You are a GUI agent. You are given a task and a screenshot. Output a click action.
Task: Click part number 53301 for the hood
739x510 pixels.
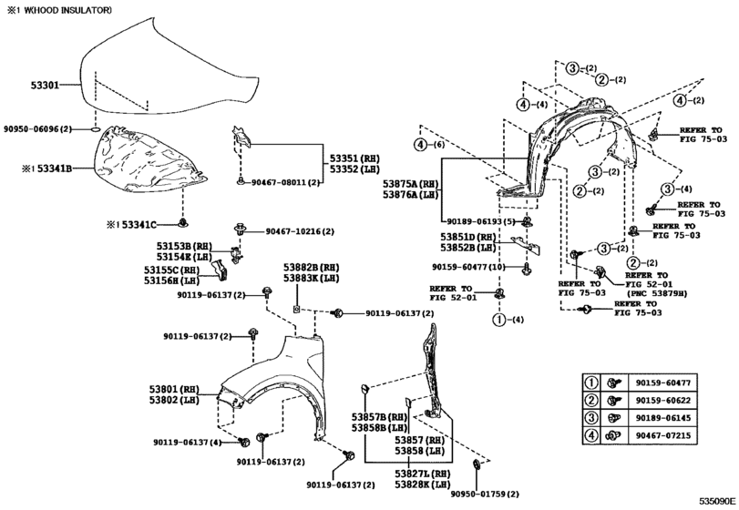pyautogui.click(x=45, y=85)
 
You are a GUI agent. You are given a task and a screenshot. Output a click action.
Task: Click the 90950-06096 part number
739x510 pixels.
pyautogui.click(x=37, y=129)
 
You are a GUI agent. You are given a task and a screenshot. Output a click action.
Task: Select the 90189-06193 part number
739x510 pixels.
pyautogui.click(x=481, y=221)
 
